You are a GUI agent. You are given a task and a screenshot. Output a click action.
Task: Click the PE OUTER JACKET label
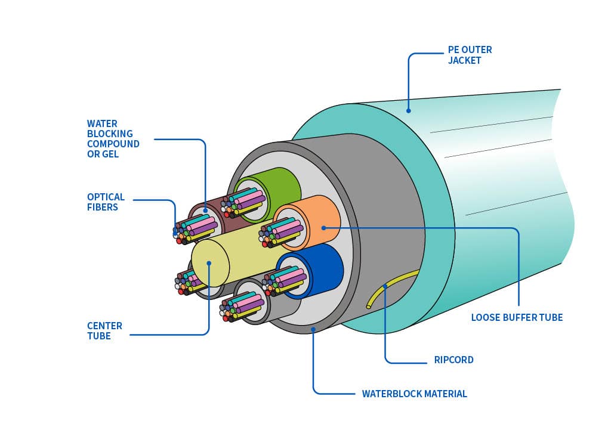pyautogui.click(x=470, y=55)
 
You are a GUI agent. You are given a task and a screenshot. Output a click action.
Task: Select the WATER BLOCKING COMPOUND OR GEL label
pyautogui.click(x=113, y=139)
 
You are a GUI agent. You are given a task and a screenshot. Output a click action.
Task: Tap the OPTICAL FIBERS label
pyautogui.click(x=106, y=202)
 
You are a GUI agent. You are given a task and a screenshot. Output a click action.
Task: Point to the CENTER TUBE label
pyautogui.click(x=104, y=330)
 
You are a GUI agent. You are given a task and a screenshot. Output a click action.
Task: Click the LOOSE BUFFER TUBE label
pyautogui.click(x=517, y=317)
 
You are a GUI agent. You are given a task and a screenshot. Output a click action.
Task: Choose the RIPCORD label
pyautogui.click(x=453, y=360)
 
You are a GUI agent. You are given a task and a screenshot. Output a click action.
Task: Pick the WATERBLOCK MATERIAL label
pyautogui.click(x=414, y=394)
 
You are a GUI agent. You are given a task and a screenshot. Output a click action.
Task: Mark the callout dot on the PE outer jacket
pyautogui.click(x=409, y=110)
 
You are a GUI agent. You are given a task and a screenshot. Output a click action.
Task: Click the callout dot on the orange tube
pyautogui.click(x=322, y=227)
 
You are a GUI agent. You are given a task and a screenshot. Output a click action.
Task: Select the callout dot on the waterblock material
pyautogui.click(x=313, y=329)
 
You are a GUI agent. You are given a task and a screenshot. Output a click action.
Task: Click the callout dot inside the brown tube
pyautogui.click(x=205, y=210)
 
